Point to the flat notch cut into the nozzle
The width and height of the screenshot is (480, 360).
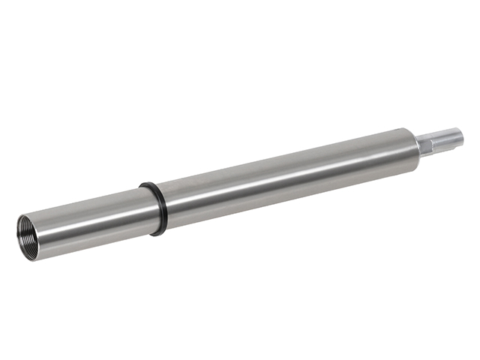(450, 134)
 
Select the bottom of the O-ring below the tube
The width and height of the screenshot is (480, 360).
(159, 233)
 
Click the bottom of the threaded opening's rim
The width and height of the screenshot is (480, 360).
(33, 258)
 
